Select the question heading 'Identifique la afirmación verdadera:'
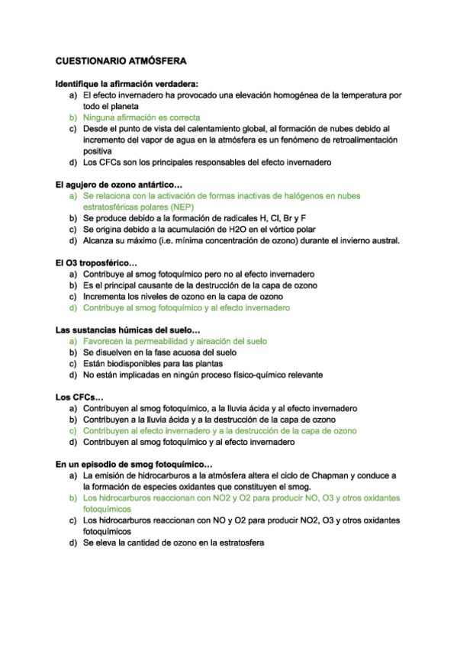[127, 84]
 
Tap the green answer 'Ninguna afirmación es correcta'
[141, 118]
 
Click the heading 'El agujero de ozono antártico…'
[119, 185]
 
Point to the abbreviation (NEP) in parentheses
[177, 207]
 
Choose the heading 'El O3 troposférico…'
[95, 263]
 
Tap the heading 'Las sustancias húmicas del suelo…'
[127, 330]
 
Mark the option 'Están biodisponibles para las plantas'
[152, 364]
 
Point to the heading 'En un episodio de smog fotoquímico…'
[134, 464]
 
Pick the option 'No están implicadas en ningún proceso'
[202, 375]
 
